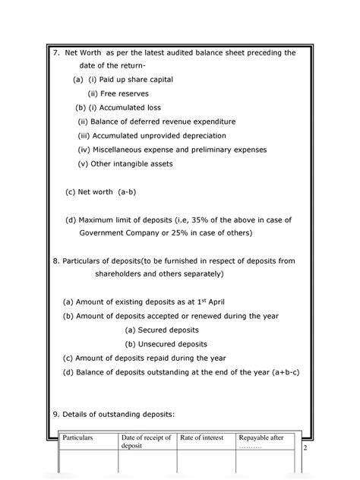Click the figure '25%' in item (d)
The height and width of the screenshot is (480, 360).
(185, 232)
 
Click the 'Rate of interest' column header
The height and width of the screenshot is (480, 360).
(203, 439)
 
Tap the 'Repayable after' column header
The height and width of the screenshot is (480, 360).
(261, 439)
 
